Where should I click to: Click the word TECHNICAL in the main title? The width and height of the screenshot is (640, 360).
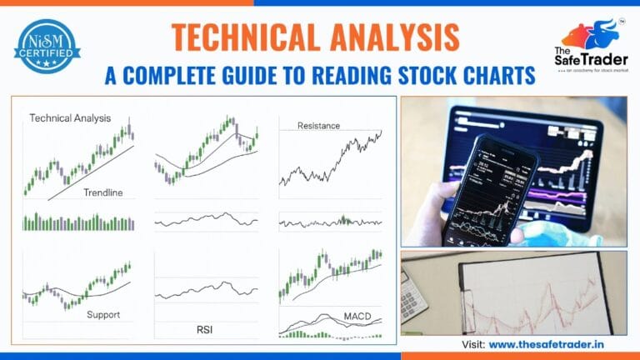(x=236, y=37)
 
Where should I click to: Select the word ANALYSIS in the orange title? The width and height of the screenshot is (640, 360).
(x=391, y=37)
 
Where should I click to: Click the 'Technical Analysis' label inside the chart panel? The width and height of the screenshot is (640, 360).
(x=70, y=118)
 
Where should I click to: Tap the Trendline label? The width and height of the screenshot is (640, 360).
(x=102, y=192)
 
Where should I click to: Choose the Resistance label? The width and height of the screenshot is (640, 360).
(x=319, y=126)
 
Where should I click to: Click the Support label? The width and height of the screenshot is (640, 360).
(x=103, y=315)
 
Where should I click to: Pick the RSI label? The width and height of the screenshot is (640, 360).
(x=204, y=330)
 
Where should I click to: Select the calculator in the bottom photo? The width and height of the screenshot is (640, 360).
(x=413, y=295)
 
